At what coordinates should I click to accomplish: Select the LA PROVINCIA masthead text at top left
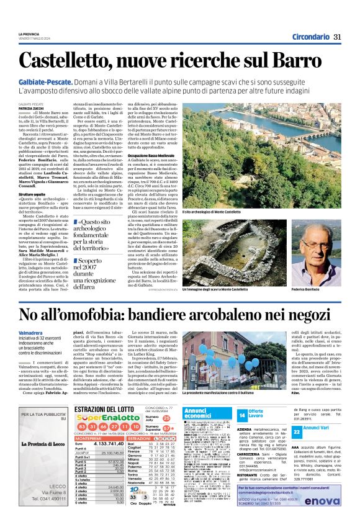(29, 34)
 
